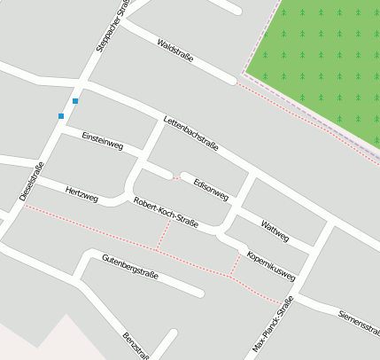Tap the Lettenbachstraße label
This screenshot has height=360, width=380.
tap(190, 133)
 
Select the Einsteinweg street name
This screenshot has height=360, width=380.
tap(102, 139)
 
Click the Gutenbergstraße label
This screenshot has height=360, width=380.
tap(129, 267)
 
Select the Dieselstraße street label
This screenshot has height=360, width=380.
tap(32, 182)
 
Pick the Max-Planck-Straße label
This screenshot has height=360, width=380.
tap(273, 324)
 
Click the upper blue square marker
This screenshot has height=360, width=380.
tap(75, 101)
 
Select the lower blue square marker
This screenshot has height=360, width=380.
tap(61, 116)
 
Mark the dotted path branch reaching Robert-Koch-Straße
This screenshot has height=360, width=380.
tap(163, 236)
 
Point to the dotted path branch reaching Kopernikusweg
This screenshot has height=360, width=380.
tap(236, 264)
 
